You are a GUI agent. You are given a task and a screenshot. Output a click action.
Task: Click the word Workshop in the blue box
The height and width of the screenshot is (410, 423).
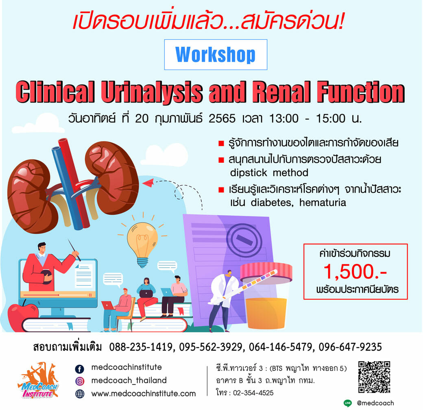point(215,55)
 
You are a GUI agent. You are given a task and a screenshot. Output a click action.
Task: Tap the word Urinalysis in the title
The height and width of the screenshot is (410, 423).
point(152,92)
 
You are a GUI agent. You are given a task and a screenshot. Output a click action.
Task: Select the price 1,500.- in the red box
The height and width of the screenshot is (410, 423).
point(355,271)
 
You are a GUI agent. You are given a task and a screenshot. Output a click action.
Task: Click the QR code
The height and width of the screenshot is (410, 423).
point(374,377)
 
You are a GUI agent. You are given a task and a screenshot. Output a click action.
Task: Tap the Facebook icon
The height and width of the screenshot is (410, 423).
point(80,369)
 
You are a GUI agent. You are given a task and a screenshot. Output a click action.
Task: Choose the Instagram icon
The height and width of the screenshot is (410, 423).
point(80,381)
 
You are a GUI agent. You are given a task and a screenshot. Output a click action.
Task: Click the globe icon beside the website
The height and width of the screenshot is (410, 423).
point(80,394)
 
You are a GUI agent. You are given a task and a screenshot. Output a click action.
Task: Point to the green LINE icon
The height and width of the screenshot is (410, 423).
point(348,403)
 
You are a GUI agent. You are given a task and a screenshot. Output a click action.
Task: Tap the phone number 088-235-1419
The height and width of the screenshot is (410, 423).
point(141,347)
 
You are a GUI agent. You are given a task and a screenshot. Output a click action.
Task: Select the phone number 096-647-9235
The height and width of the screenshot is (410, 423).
point(350,347)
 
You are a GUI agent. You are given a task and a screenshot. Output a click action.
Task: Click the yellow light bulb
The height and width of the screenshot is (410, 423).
point(142,245)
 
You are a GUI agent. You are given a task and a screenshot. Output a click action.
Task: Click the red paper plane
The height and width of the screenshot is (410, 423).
point(148,183)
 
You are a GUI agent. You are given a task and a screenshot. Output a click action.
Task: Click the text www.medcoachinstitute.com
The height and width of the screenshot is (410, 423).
point(144,394)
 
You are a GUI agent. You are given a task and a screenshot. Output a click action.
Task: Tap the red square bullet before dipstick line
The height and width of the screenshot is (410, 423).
point(221,160)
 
